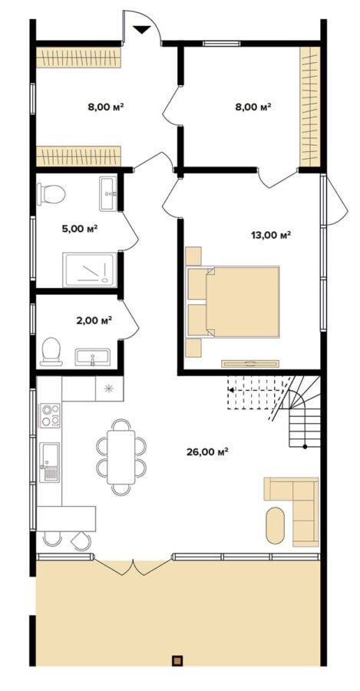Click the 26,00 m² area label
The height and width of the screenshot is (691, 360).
click(206, 451)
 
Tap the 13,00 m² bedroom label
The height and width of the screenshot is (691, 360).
click(270, 235)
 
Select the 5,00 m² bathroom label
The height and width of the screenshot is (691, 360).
click(80, 229)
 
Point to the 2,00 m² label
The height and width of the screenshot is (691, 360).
click(94, 320)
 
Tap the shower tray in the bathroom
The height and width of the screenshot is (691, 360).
click(90, 269)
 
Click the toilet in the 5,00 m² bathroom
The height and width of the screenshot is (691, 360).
click(51, 194)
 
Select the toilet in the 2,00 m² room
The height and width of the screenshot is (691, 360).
click(51, 351)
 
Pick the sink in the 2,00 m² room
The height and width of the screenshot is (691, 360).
click(93, 356)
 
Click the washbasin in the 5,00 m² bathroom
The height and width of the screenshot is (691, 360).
click(108, 193)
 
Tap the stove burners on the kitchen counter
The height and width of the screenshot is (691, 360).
click(50, 415)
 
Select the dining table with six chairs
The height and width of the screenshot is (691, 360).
click(121, 457)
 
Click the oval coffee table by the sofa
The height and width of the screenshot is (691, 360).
click(276, 525)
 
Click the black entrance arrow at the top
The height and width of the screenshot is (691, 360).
click(142, 29)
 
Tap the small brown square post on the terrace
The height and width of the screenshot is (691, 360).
click(177, 660)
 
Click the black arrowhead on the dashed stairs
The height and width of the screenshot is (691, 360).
click(231, 389)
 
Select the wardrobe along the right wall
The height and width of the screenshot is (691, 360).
click(310, 106)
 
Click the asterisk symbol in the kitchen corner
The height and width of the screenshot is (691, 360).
click(109, 388)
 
